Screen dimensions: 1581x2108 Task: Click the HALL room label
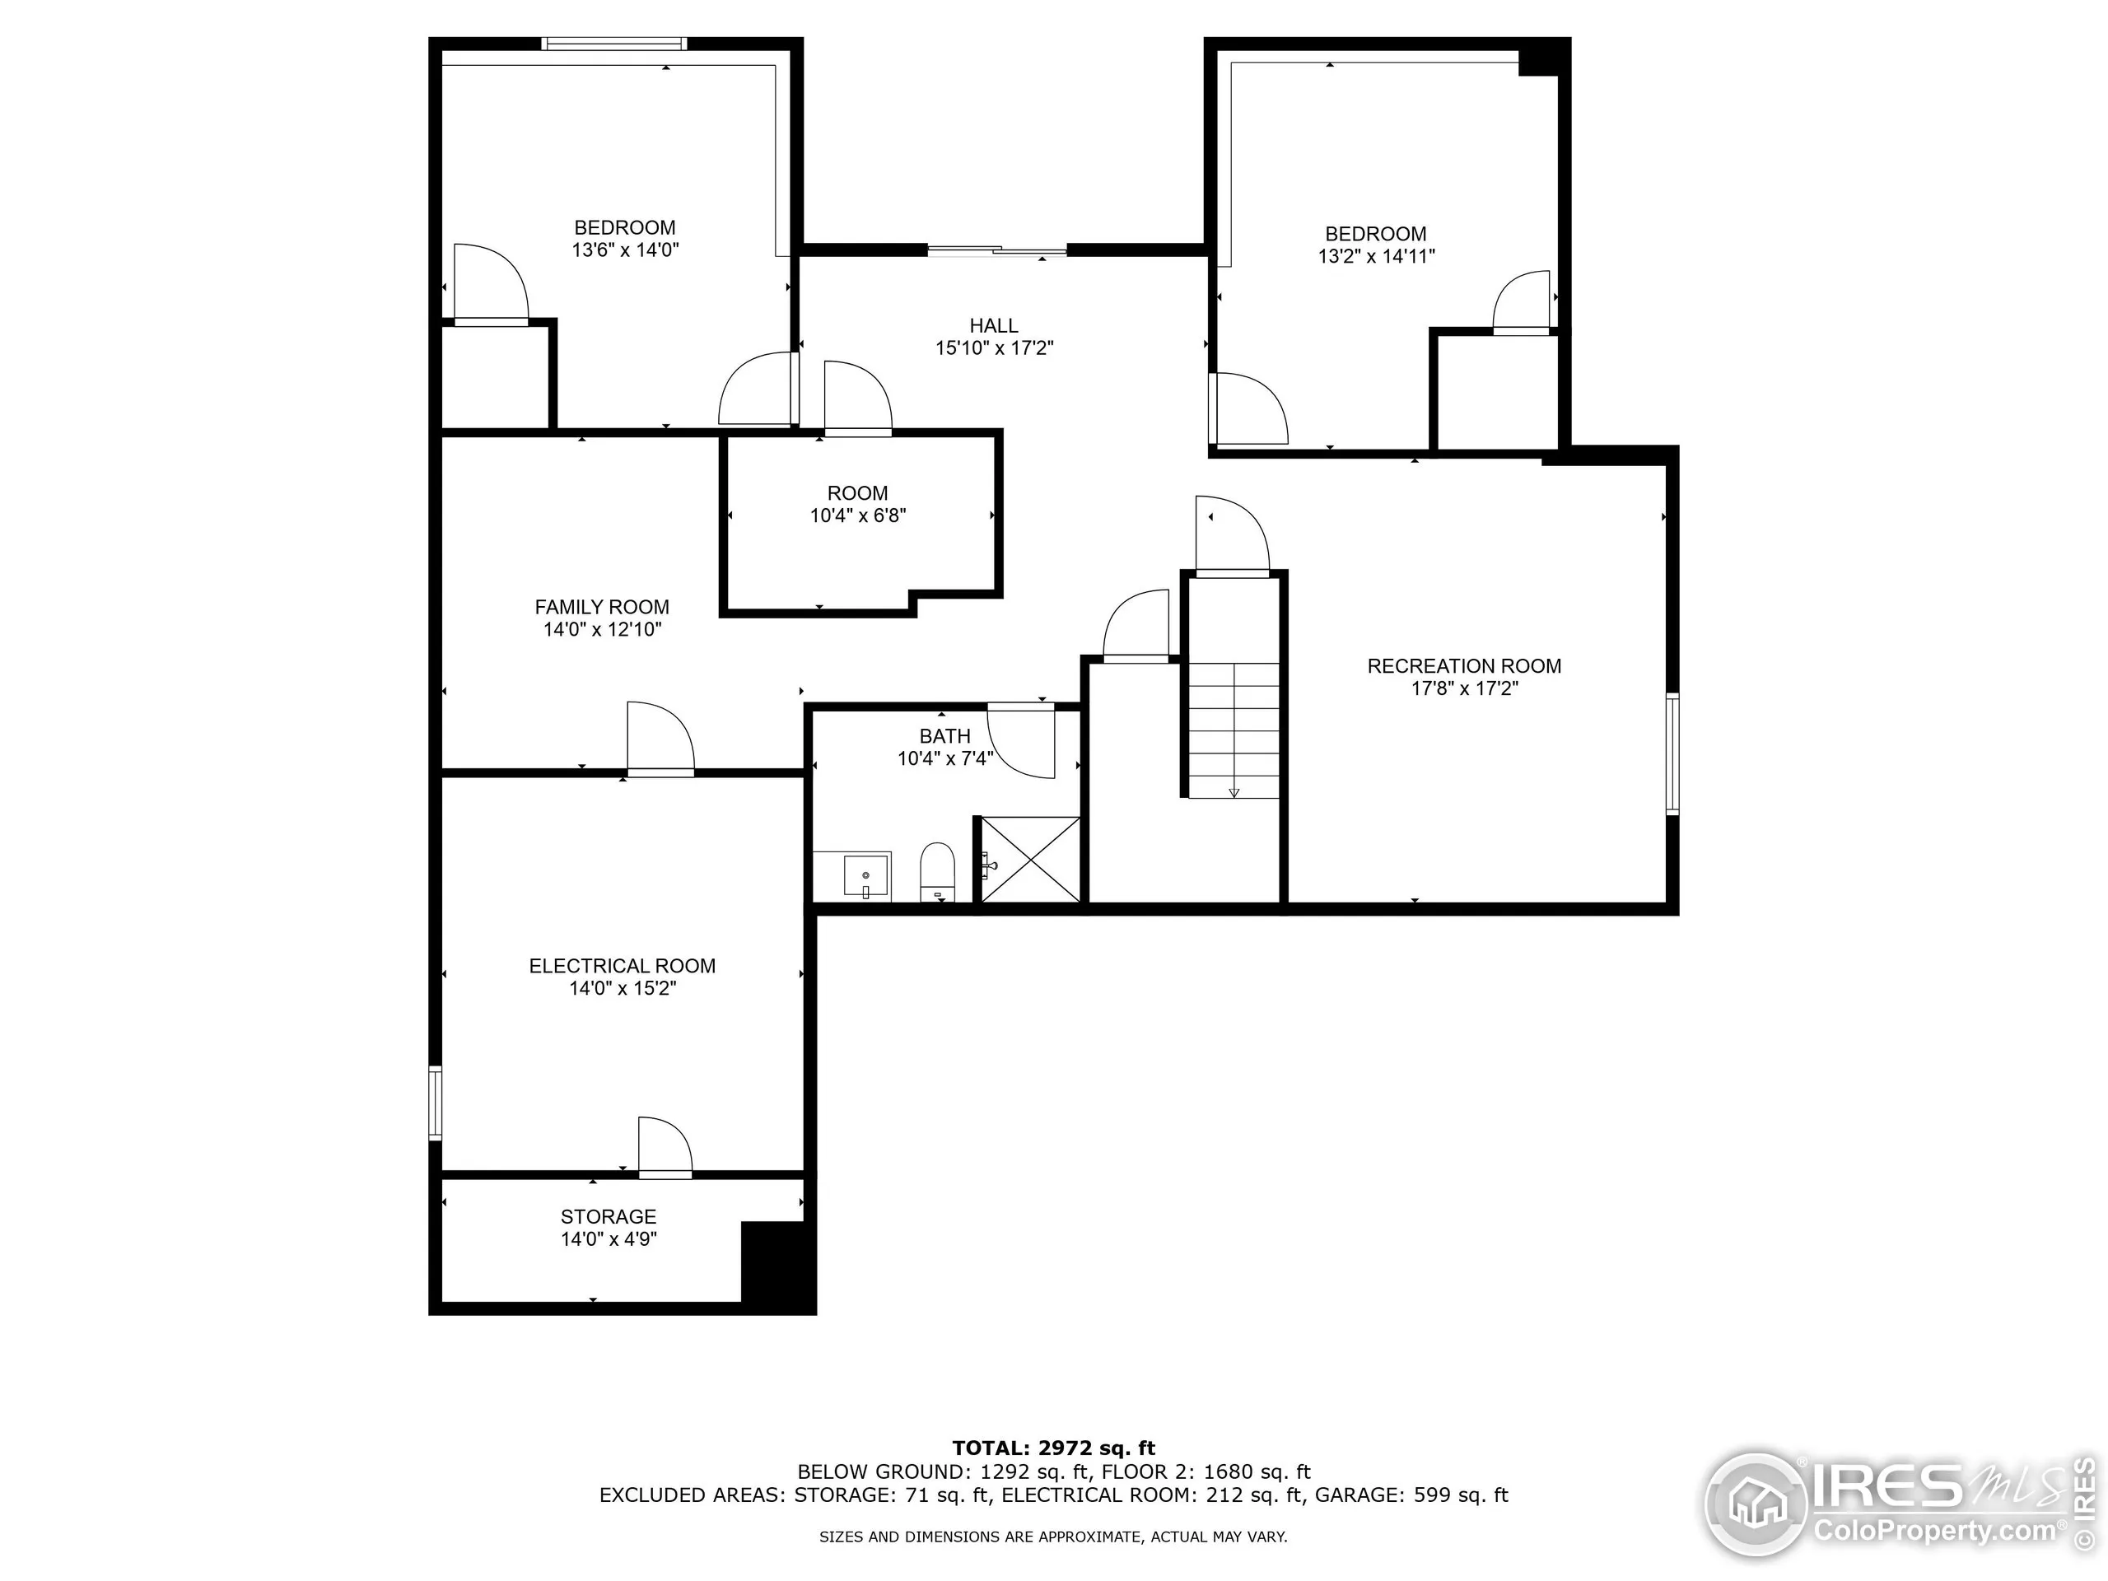tap(994, 326)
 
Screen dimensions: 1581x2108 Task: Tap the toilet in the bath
tap(938, 870)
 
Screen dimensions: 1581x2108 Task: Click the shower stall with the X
tap(1031, 859)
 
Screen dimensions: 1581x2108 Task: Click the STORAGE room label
tap(608, 1217)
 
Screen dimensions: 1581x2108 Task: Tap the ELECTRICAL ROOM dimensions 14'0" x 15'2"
tap(623, 988)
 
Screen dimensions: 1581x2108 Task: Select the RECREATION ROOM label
tap(1464, 666)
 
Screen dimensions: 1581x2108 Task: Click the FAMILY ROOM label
tap(601, 607)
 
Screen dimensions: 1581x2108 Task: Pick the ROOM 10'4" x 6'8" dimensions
tap(858, 515)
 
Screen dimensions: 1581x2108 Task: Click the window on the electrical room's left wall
tap(436, 1103)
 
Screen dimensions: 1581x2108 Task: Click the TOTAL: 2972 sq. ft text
tap(1053, 1448)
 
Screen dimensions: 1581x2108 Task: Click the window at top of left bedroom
tap(613, 43)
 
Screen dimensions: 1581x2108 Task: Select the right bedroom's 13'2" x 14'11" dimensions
tap(1376, 256)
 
